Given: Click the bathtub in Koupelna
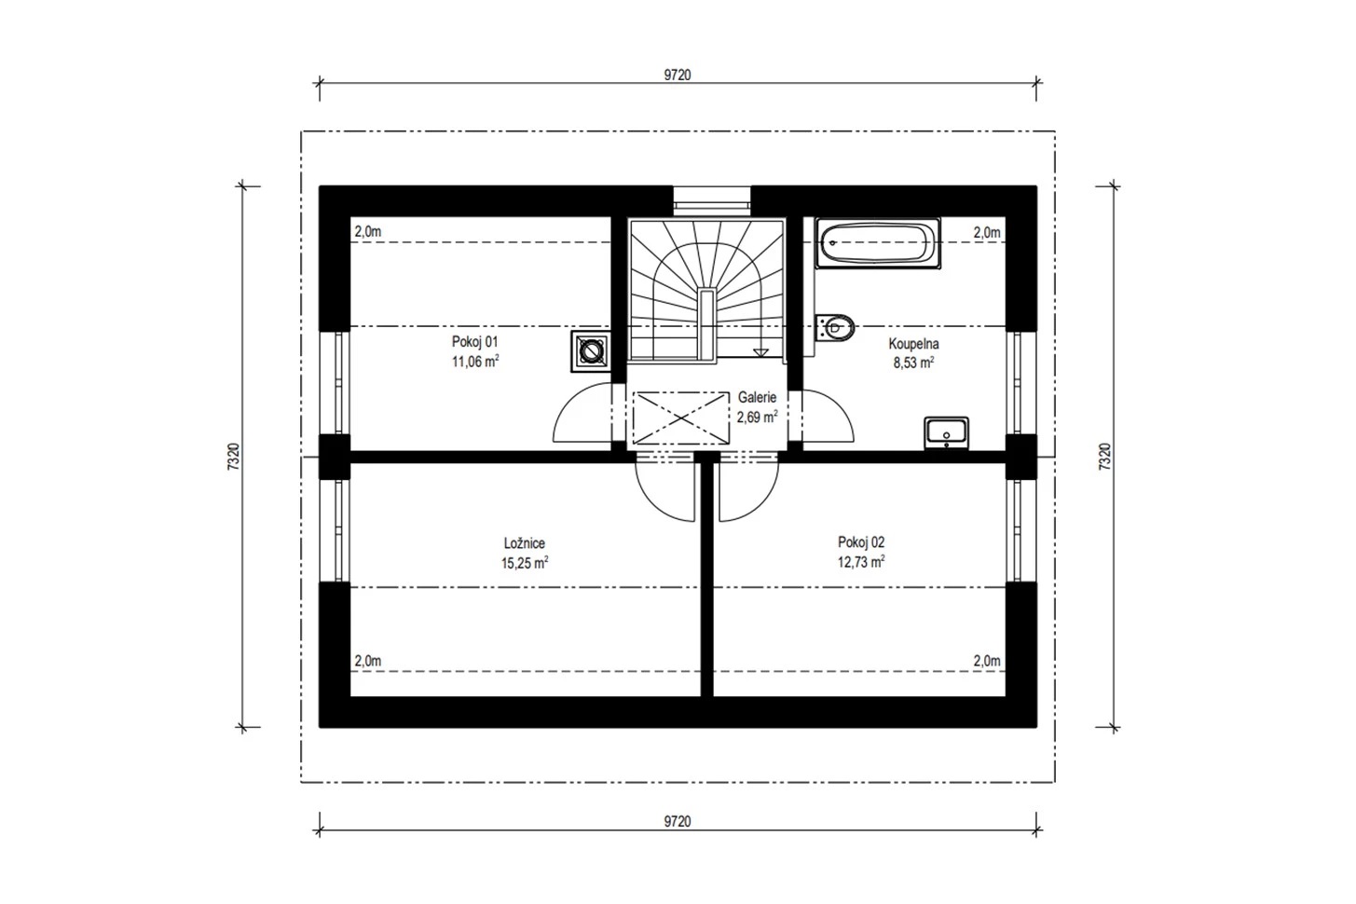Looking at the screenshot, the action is click(x=878, y=243).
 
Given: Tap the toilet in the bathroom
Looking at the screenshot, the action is click(x=835, y=328).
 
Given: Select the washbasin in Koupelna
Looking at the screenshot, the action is click(x=946, y=433).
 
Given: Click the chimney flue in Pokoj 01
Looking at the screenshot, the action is click(x=590, y=351).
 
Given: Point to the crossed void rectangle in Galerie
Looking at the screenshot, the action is click(x=681, y=418).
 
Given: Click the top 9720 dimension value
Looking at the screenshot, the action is click(x=678, y=75).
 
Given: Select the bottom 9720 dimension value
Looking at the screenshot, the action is click(x=678, y=822).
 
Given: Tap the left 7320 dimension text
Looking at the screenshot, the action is click(x=234, y=458).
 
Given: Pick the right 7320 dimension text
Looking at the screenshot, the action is click(x=1104, y=458).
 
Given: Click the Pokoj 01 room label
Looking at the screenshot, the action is click(x=474, y=342).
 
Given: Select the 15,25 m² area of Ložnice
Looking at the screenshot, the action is click(x=525, y=563).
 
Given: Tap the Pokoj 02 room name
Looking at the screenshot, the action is click(x=861, y=541).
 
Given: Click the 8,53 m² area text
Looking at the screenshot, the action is click(x=913, y=363).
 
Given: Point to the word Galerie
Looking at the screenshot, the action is click(x=757, y=398).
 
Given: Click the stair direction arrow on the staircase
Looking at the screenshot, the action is click(x=760, y=352).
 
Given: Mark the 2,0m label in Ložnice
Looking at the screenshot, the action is click(x=368, y=661).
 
